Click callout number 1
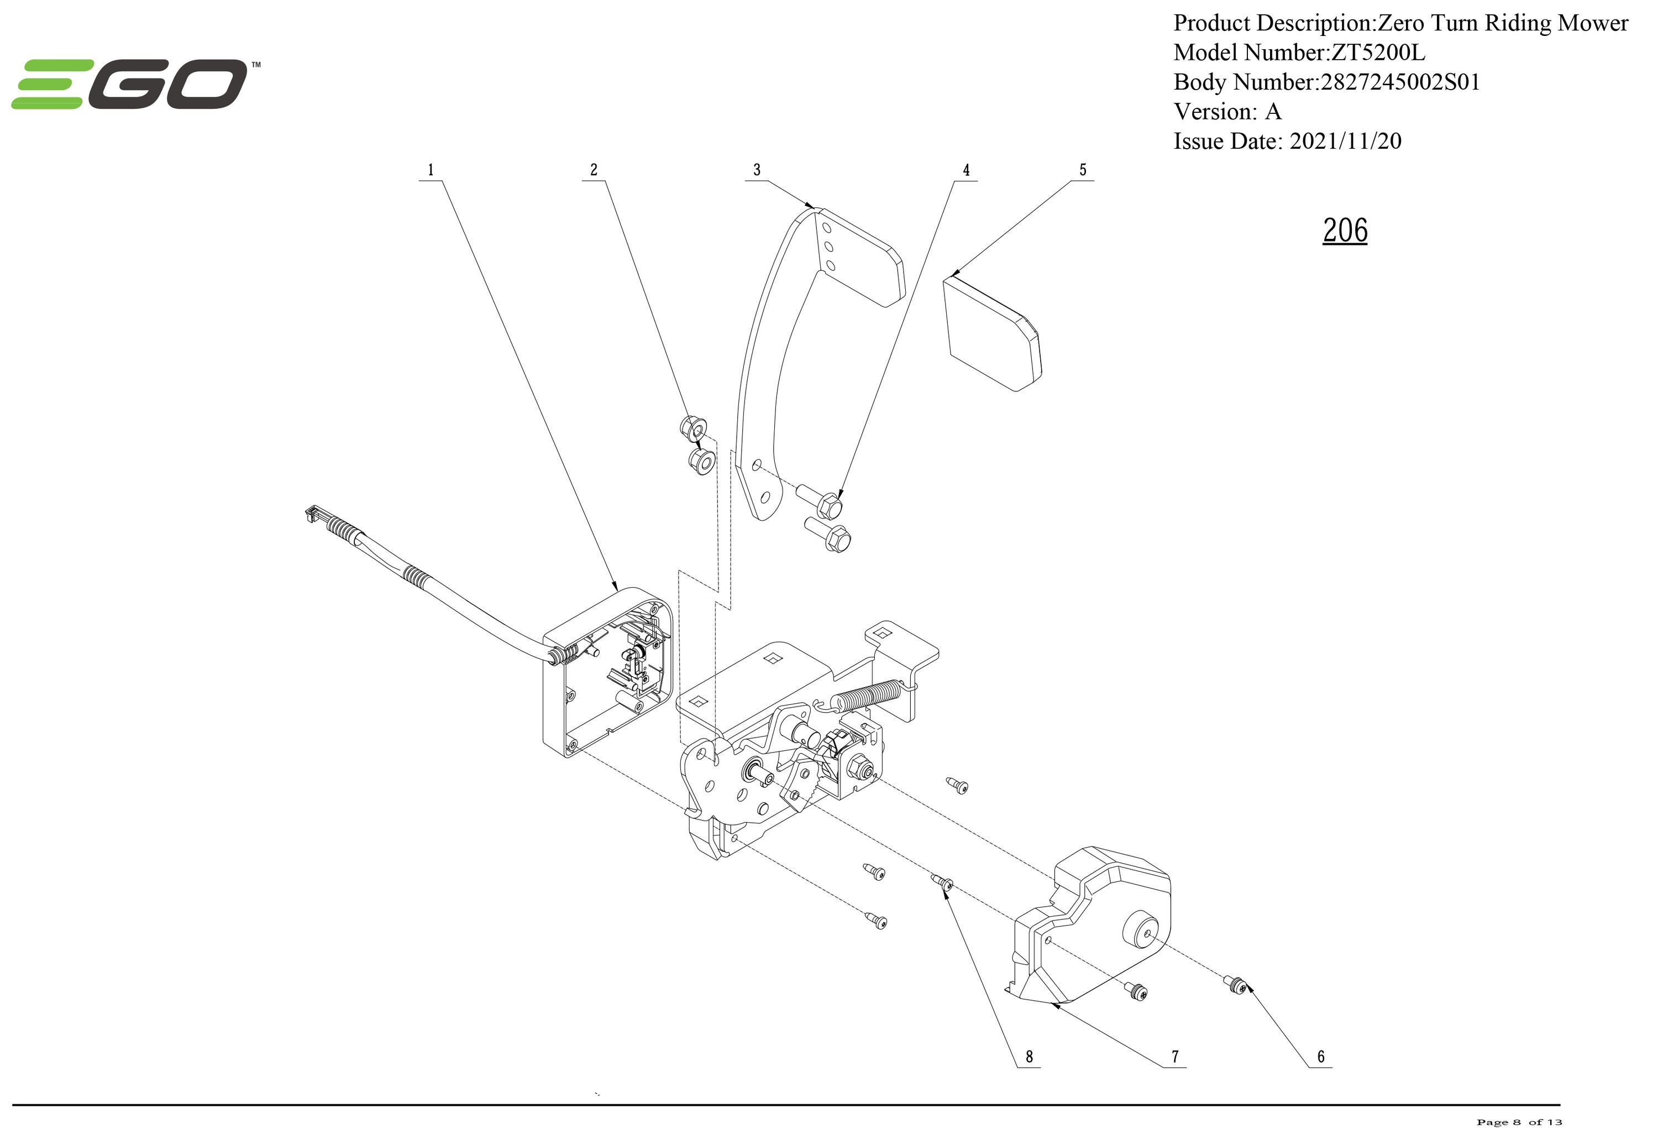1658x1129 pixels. (430, 170)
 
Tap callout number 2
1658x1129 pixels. (594, 170)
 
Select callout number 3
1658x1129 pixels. (757, 170)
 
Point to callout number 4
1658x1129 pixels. (967, 170)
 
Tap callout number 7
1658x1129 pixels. (1175, 1056)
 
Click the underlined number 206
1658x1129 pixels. (1345, 231)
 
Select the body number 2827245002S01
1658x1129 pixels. (1400, 82)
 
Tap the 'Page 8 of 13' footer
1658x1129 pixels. (1519, 1122)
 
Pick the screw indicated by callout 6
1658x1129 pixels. (1237, 986)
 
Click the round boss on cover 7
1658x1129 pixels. (1140, 930)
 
